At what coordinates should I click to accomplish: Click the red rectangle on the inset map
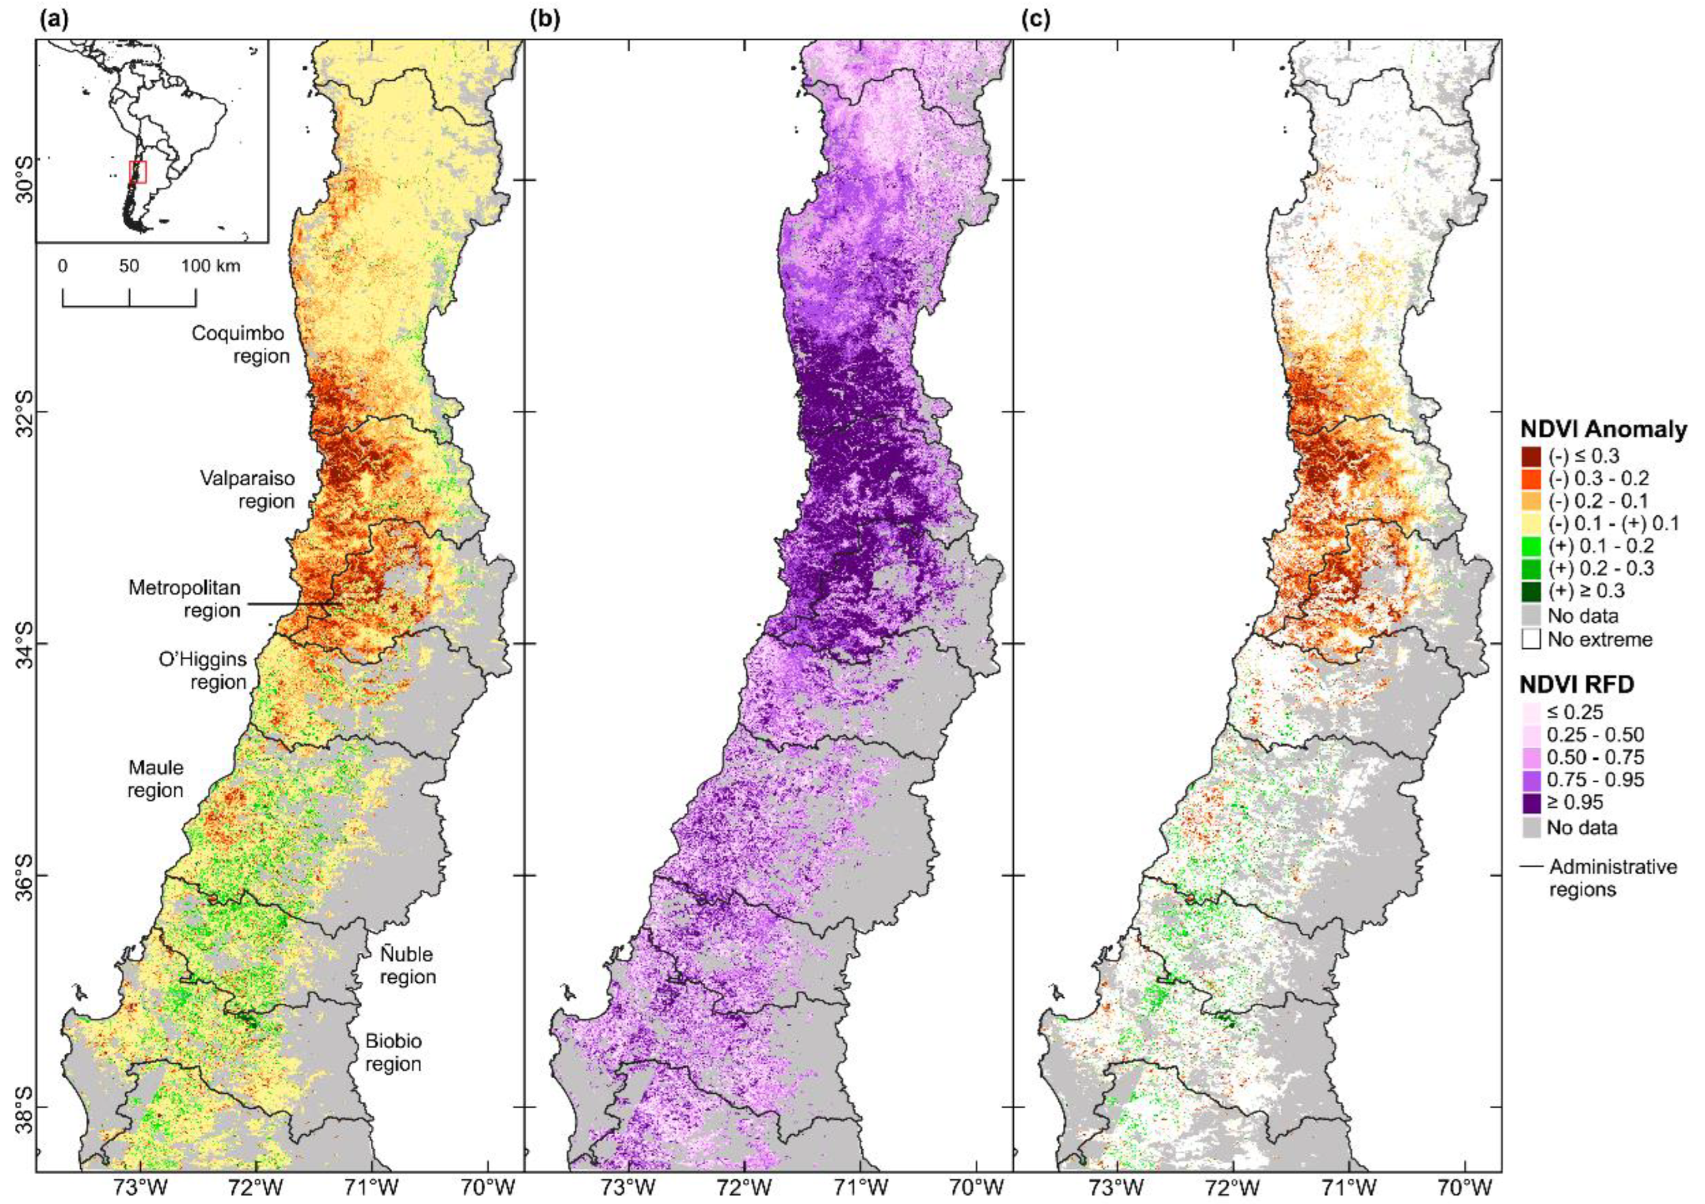tap(138, 172)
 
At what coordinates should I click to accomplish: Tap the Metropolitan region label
tap(184, 599)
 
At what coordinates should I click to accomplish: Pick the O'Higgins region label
tap(202, 670)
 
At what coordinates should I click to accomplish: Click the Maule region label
tap(155, 778)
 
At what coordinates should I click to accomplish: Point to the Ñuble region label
tap(407, 965)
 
